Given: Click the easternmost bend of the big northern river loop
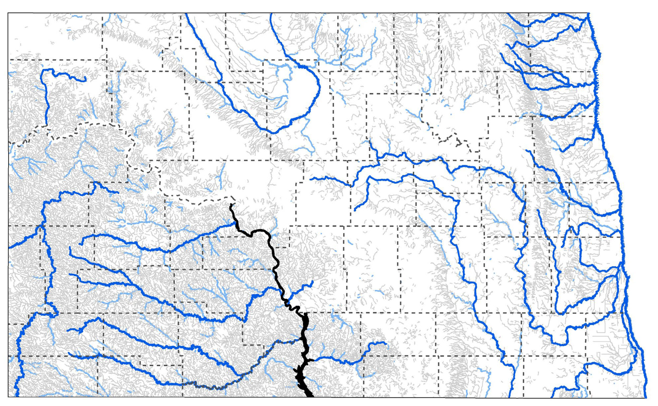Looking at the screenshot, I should (320, 87).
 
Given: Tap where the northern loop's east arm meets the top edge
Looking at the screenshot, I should (271, 13).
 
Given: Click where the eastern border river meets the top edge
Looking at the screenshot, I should (588, 13).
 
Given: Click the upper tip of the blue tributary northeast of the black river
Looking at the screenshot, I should (313, 281).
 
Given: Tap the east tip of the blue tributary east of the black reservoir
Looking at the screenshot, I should (386, 343).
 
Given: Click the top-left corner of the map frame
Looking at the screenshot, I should (8, 13).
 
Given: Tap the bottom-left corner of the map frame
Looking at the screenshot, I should (8, 397).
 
